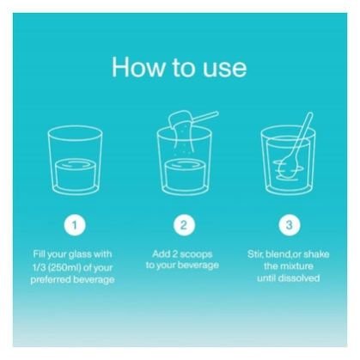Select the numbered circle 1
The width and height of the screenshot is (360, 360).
(75, 225)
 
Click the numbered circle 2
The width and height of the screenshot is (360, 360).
(184, 225)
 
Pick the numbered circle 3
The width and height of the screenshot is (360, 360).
(290, 225)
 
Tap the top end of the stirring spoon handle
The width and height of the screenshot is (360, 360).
(310, 114)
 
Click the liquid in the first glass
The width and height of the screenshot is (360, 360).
(75, 174)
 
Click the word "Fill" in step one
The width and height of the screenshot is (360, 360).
(39, 254)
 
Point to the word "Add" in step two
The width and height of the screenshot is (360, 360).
(161, 253)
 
